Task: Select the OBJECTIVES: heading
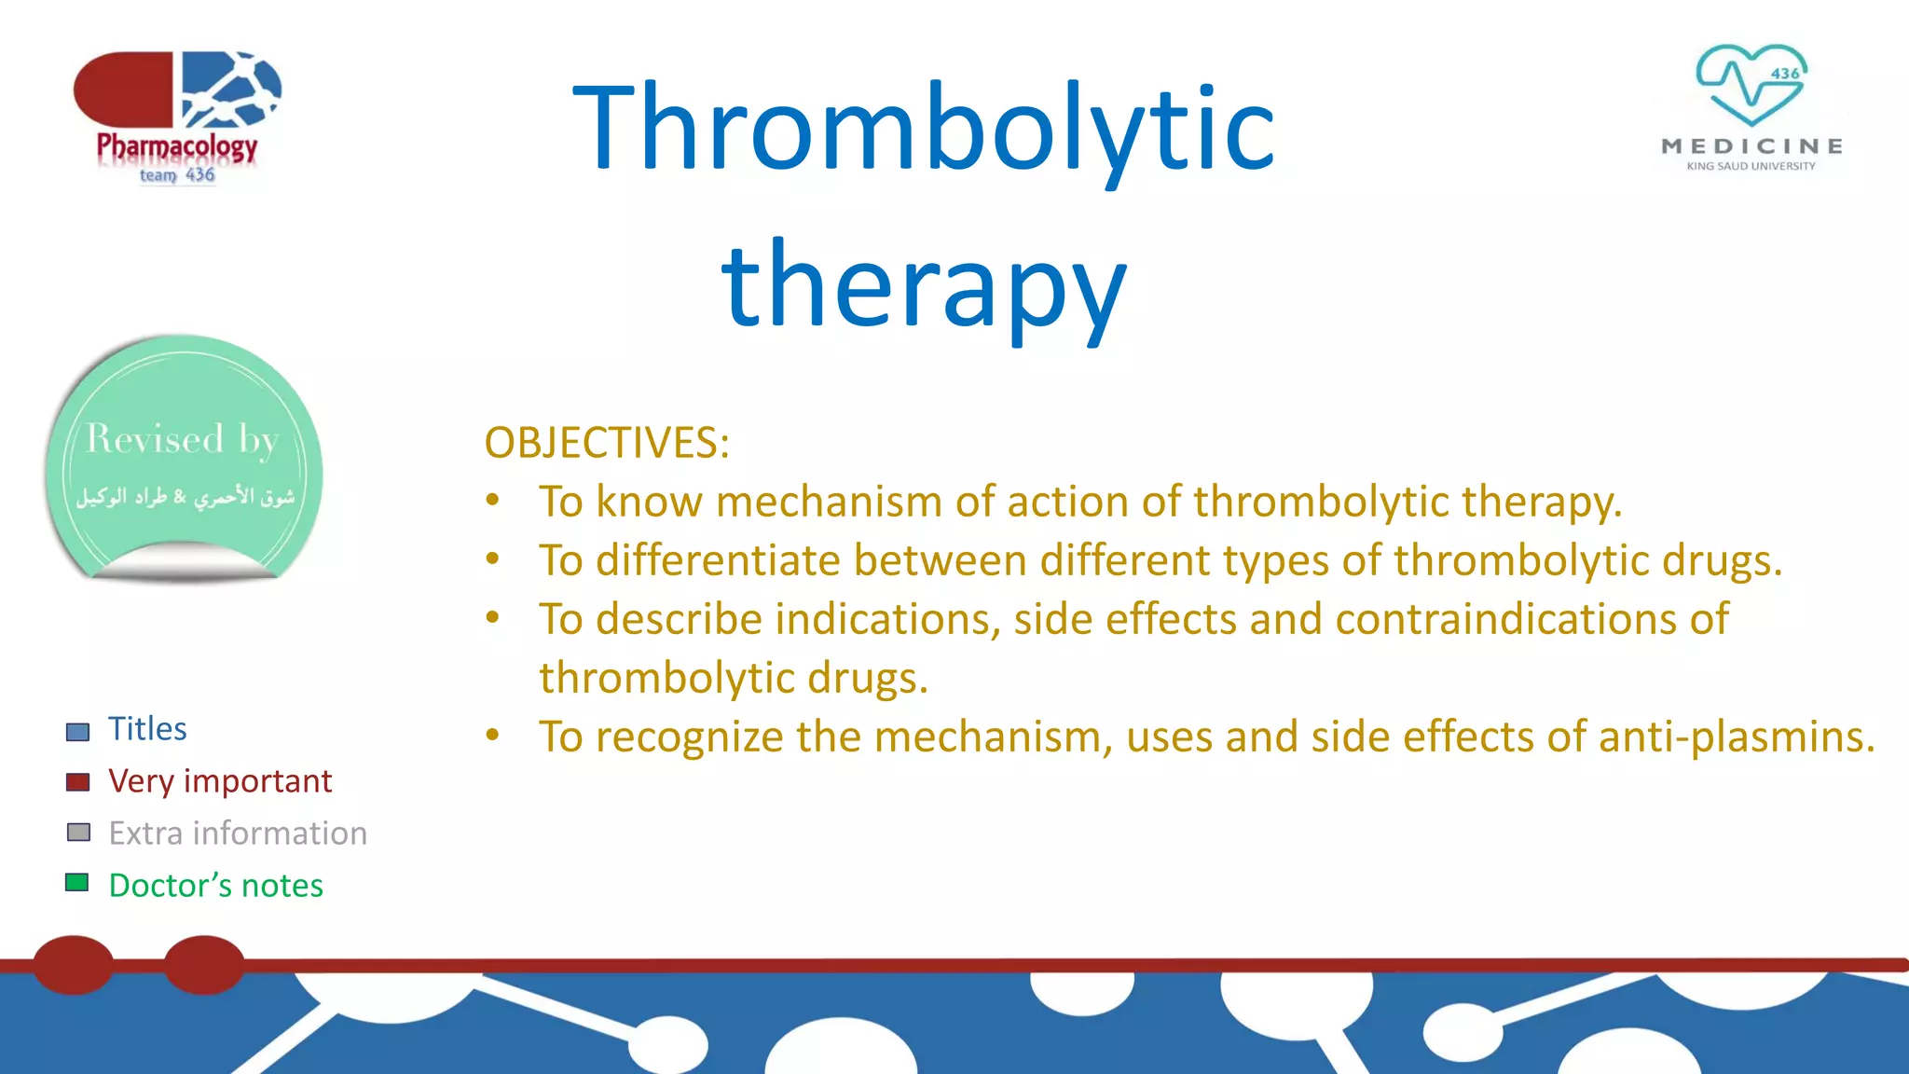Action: point(607,443)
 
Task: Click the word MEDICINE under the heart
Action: point(1751,146)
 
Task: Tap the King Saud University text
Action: point(1751,166)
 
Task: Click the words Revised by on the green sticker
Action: point(182,439)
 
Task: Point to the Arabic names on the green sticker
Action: point(185,496)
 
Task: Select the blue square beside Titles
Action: point(78,731)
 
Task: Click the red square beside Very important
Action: point(78,782)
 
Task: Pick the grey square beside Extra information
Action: point(78,833)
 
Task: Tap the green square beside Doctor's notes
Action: point(77,883)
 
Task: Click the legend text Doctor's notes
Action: point(216,886)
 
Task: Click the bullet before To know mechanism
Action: point(492,501)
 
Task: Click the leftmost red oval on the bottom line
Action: point(74,965)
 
